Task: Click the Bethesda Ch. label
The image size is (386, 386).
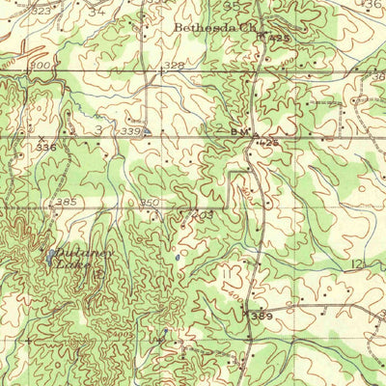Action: pyautogui.click(x=205, y=28)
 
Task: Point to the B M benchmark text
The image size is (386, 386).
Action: pyautogui.click(x=240, y=130)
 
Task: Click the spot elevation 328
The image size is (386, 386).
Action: pyautogui.click(x=174, y=65)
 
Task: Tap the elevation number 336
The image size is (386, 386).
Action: pyautogui.click(x=46, y=147)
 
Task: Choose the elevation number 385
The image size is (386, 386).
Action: pyautogui.click(x=66, y=202)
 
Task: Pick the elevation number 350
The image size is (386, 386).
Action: pyautogui.click(x=150, y=203)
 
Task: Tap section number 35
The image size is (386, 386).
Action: pyautogui.click(x=230, y=5)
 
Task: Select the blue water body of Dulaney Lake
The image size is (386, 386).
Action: pyautogui.click(x=49, y=258)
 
